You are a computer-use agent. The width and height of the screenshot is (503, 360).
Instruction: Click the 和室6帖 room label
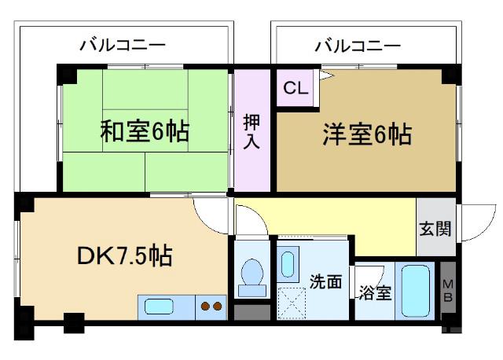point(145,131)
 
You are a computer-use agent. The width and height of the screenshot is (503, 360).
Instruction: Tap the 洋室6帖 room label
point(366,134)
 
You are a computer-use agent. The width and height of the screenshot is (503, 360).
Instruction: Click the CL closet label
point(296,87)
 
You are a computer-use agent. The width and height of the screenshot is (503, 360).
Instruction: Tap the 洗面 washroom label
point(325,281)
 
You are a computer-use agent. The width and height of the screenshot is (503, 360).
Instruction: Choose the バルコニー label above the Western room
point(358,45)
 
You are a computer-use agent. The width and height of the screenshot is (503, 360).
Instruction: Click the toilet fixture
point(252,276)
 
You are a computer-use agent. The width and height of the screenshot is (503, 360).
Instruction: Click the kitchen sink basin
point(161,307)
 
